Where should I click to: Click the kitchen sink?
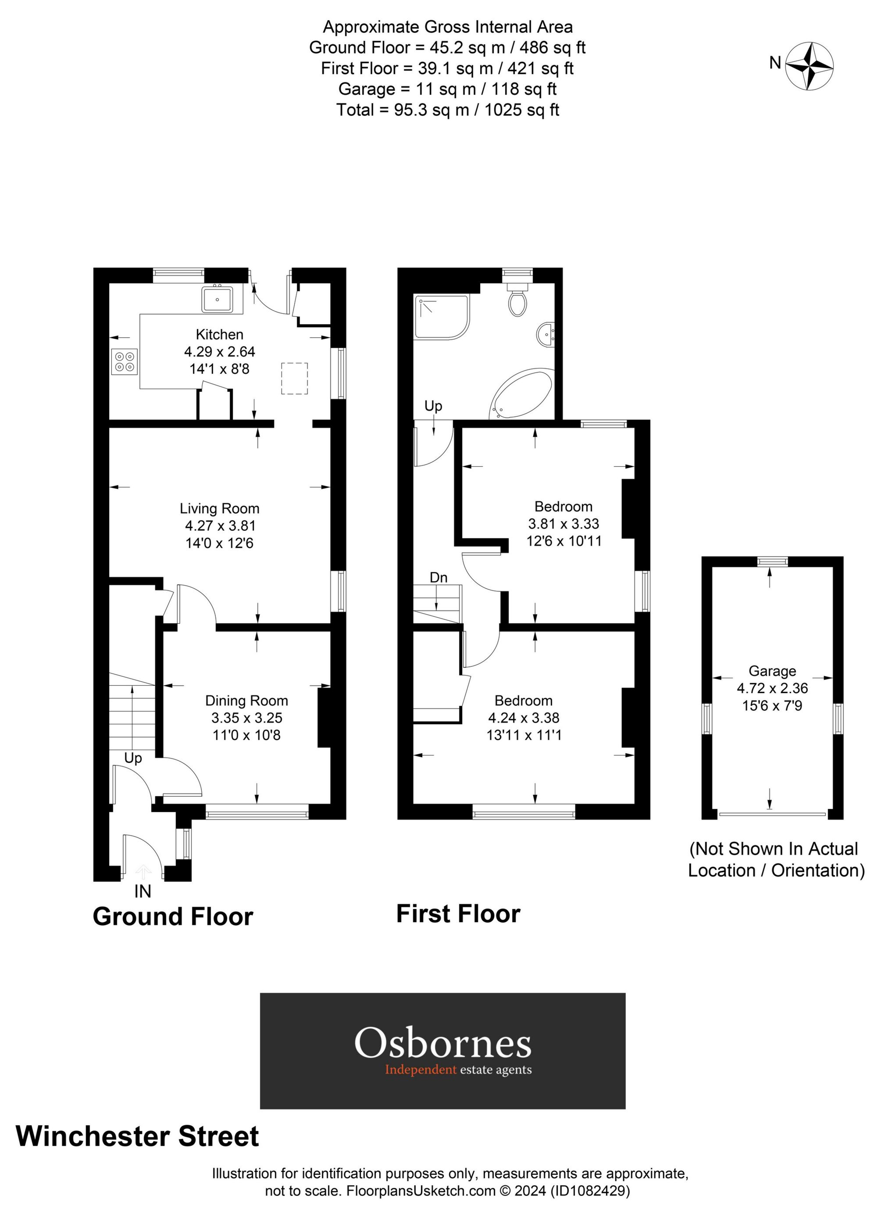click(x=218, y=300)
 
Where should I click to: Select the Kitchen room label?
click(x=219, y=335)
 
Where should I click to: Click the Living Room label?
click(x=219, y=508)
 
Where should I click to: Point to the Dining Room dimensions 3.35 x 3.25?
click(x=247, y=718)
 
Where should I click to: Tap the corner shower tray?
click(x=440, y=317)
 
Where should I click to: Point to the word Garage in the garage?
click(x=772, y=671)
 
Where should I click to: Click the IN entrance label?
click(x=143, y=892)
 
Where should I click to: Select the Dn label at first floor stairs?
click(x=439, y=578)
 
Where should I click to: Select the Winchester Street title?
click(x=138, y=1137)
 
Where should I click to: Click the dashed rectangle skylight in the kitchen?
click(x=294, y=379)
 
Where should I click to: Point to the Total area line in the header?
click(x=447, y=110)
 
